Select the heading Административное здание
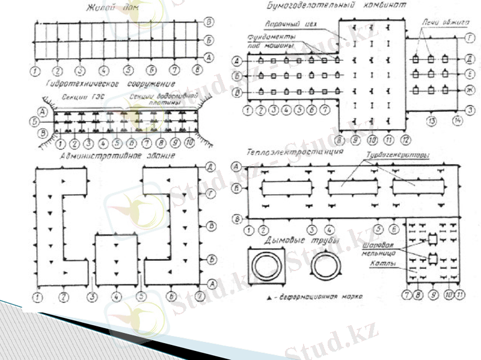(x=118, y=156)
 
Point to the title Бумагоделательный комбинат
(x=332, y=5)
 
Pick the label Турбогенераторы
(x=399, y=155)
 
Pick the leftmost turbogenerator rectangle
(x=287, y=188)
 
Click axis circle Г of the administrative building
(x=210, y=193)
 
